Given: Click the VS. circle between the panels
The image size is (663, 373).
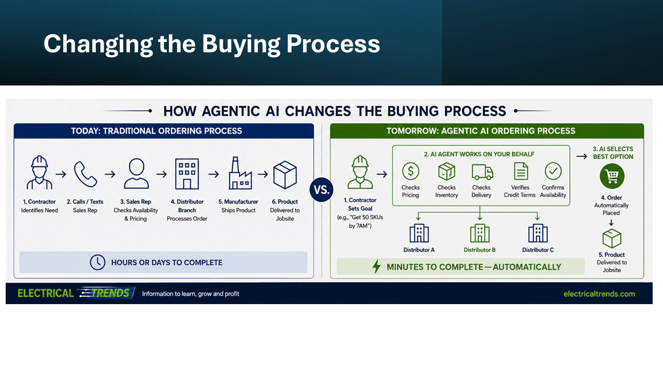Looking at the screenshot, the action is [322, 190].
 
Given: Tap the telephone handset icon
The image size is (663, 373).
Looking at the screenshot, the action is [85, 174].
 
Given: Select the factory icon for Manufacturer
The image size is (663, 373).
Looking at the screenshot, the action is [240, 173].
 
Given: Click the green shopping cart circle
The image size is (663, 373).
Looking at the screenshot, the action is [612, 177].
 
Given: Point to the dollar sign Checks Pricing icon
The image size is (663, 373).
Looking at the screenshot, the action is [411, 171].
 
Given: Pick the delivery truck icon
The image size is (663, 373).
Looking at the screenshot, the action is [482, 172].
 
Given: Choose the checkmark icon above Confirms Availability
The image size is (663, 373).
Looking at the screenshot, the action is [553, 171].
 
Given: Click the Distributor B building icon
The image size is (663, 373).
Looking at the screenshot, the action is [480, 233].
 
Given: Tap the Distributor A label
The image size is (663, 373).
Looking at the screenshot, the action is [419, 250].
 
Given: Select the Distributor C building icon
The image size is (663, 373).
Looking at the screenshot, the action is [538, 233].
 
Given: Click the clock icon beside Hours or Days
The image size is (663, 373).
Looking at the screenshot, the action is [97, 262].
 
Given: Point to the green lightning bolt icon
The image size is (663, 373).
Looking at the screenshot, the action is [377, 266].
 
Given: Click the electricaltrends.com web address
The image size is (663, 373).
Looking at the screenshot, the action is [599, 294].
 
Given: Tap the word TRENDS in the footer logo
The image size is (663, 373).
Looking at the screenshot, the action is [110, 293].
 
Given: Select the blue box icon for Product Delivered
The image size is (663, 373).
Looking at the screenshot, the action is [285, 175].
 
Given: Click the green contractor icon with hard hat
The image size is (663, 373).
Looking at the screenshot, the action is [360, 172].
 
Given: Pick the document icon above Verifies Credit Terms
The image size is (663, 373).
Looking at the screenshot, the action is [521, 171].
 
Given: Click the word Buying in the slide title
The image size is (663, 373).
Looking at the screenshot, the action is [241, 45].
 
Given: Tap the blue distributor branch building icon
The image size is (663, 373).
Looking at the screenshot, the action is [187, 174].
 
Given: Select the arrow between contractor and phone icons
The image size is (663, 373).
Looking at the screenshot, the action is [61, 174].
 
